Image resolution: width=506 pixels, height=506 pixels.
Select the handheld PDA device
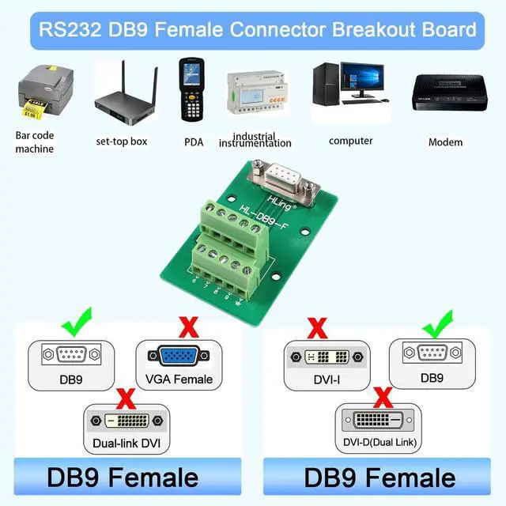pos(192,89)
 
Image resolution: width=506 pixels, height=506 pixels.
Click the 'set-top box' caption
pos(122,142)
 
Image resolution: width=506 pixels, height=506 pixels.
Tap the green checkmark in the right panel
pos(435,324)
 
